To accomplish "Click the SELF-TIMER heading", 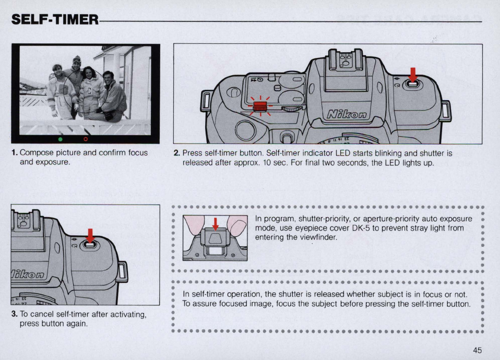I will [x=55, y=20].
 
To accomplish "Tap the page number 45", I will [x=477, y=350].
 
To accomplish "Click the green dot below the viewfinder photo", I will [x=61, y=139].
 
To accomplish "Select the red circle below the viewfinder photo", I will [x=86, y=139].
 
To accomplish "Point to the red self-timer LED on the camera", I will [x=260, y=106].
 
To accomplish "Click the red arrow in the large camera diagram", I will [x=413, y=74].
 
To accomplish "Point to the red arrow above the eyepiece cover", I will [x=215, y=223].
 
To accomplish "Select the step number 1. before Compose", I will [x=14, y=153].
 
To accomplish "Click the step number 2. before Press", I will [x=176, y=153].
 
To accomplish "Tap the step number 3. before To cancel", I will [x=14, y=314].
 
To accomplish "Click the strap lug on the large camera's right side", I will [x=445, y=111].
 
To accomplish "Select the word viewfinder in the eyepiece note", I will [x=320, y=237].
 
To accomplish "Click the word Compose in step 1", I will [x=35, y=153].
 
